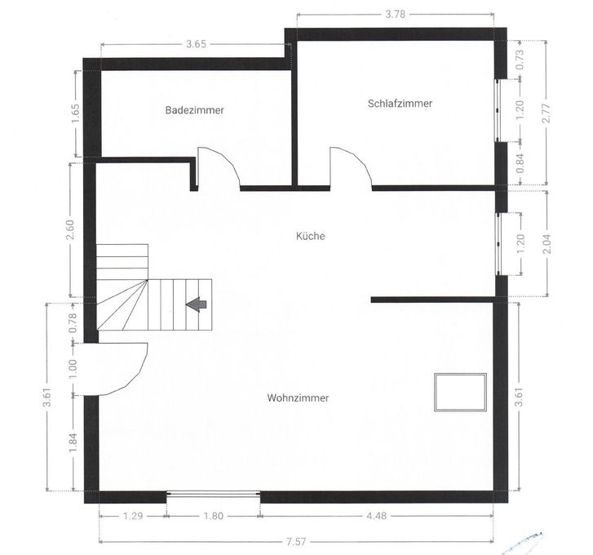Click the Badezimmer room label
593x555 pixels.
[x=195, y=110]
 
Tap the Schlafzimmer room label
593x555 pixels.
[x=400, y=104]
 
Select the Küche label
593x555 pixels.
[x=311, y=236]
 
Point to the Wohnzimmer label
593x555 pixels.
[x=298, y=398]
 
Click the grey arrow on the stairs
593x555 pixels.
[x=196, y=304]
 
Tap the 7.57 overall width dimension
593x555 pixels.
[x=296, y=542]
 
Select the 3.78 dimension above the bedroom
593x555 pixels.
[x=396, y=15]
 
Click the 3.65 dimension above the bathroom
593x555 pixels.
[x=197, y=44]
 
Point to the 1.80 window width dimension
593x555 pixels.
[x=213, y=516]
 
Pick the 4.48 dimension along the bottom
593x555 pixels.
[x=376, y=516]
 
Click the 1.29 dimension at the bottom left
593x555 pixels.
[x=133, y=516]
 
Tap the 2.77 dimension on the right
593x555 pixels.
[x=547, y=113]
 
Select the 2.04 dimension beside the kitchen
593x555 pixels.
[x=547, y=244]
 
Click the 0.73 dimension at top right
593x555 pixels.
[x=520, y=59]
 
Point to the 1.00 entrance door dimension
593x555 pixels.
[x=73, y=369]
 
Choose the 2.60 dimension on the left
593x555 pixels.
[x=70, y=230]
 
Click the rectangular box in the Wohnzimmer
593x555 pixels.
[x=460, y=393]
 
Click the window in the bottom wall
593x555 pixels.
[x=213, y=493]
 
